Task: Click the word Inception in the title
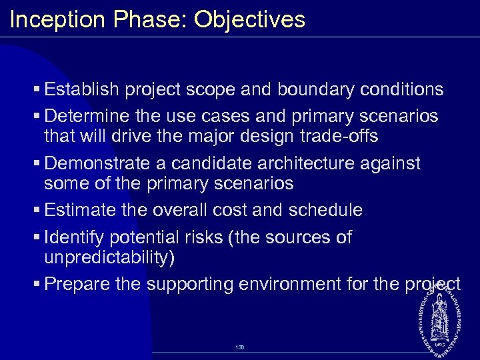pos(57,20)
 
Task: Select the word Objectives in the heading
pos(249,20)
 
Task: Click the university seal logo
pos(440,316)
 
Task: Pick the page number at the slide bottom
pos(240,347)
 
